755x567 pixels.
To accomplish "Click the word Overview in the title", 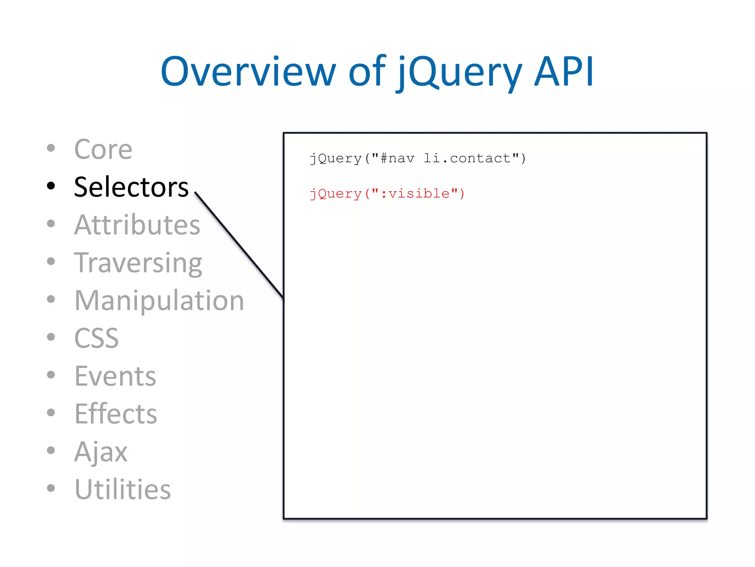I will click(248, 72).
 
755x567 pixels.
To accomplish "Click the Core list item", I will click(103, 150).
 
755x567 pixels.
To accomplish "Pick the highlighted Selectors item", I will click(131, 187).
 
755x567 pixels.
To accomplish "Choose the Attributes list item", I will click(137, 225).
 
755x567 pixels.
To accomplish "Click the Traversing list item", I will click(138, 263).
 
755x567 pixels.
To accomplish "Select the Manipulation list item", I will click(159, 300).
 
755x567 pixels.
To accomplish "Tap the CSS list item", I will click(97, 338).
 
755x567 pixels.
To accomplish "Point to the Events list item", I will click(115, 376).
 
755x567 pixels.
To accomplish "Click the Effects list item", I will click(116, 414).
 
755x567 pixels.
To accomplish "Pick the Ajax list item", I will click(101, 452).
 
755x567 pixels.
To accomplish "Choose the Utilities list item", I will click(123, 489).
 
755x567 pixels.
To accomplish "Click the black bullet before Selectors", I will click(51, 186).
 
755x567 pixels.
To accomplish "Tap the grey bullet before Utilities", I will click(51, 488).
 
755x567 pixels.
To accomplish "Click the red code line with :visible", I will click(387, 193).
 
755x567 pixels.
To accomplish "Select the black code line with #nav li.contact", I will click(418, 158).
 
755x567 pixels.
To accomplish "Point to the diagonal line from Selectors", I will click(239, 245).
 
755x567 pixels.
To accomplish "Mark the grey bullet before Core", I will click(51, 148).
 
